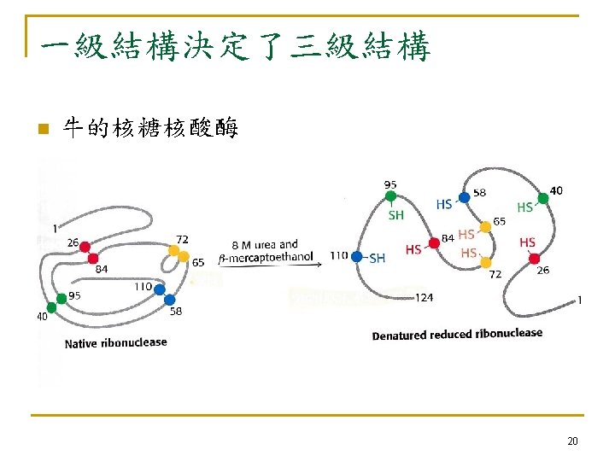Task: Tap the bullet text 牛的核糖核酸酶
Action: coord(151,129)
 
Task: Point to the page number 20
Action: coord(572,441)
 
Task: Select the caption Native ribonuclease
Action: coord(116,343)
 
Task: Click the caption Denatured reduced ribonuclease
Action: coord(457,334)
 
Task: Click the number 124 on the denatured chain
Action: coord(425,298)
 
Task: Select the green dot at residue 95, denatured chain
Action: coord(390,196)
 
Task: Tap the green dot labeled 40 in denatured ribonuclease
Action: coord(543,198)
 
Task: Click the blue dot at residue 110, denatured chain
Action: coord(357,256)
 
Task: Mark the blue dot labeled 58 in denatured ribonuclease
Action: coord(464,197)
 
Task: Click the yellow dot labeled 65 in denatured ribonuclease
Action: coord(485,226)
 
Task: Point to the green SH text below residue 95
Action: coord(395,215)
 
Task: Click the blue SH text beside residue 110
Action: coord(377,258)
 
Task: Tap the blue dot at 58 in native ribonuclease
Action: coord(169,300)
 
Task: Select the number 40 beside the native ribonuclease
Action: coord(41,318)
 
